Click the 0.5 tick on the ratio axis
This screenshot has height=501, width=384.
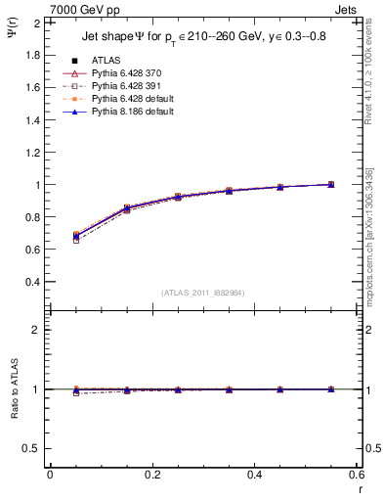click(x=31, y=448)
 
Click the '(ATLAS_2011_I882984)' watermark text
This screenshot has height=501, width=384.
click(x=202, y=293)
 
